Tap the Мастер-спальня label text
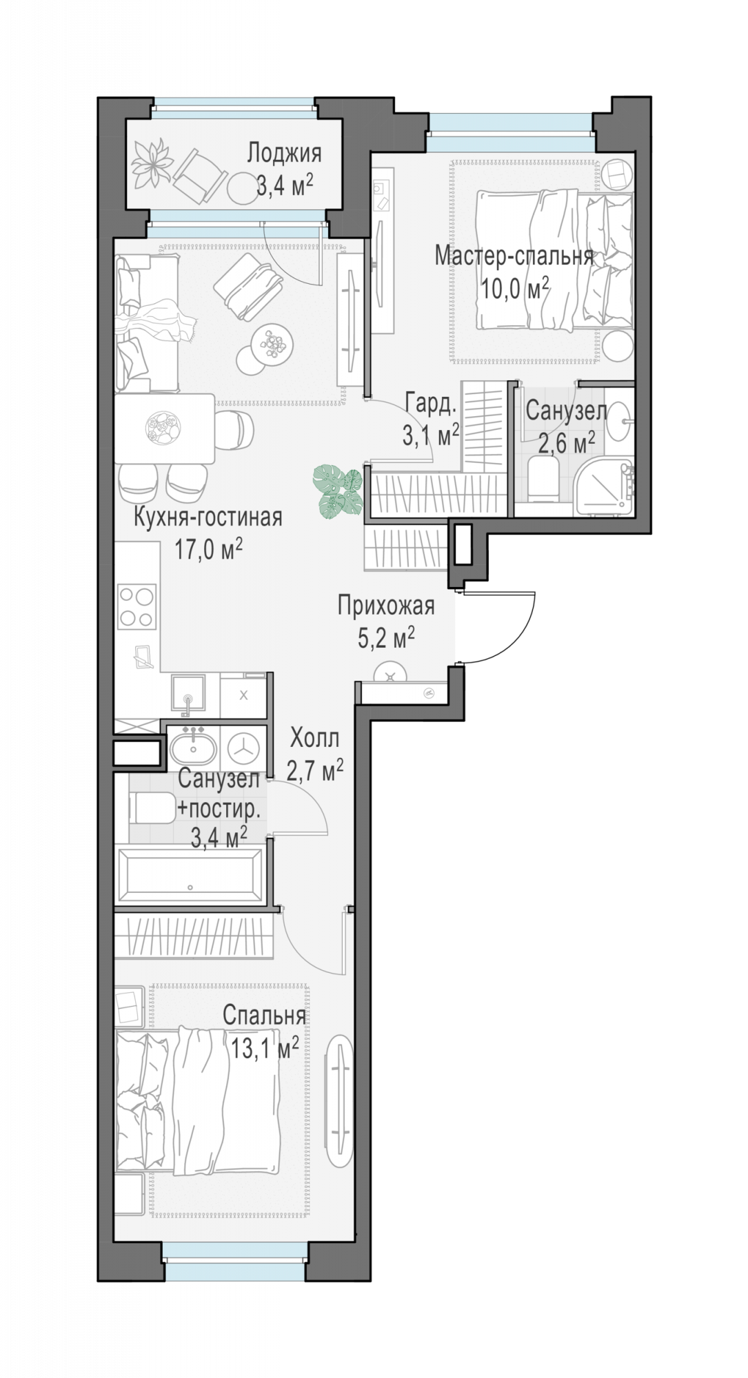pyautogui.click(x=514, y=256)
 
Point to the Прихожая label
pyautogui.click(x=386, y=606)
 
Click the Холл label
pyautogui.click(x=315, y=739)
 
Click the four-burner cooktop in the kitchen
pyautogui.click(x=137, y=606)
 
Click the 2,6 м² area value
pyautogui.click(x=566, y=443)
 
